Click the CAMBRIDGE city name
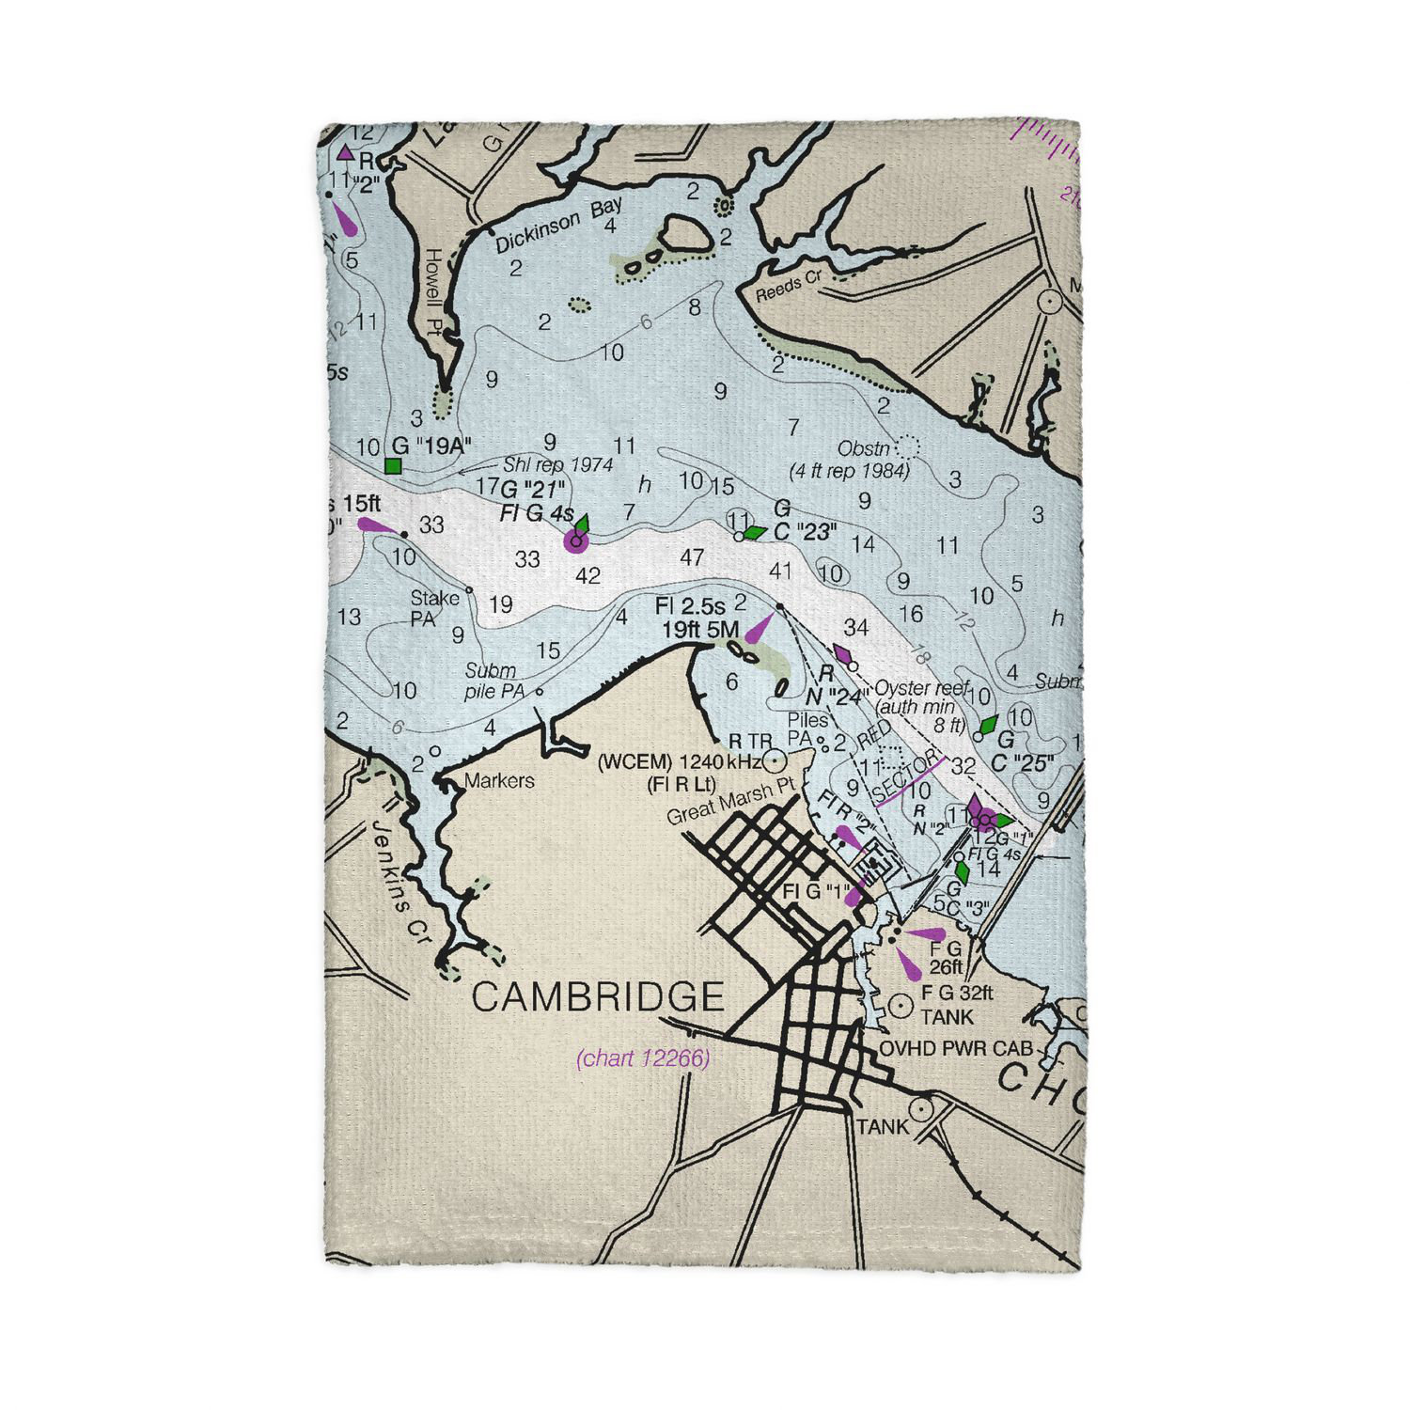598,997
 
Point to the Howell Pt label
433,292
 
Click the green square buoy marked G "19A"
394,465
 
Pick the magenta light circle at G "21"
575,540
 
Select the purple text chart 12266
643,1058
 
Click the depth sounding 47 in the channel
692,557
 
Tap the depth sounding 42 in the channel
587,575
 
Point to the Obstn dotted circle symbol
907,446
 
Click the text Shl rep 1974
557,464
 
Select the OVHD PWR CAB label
955,1048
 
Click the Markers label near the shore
499,780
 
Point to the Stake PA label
433,608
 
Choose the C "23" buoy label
804,532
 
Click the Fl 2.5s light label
690,607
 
